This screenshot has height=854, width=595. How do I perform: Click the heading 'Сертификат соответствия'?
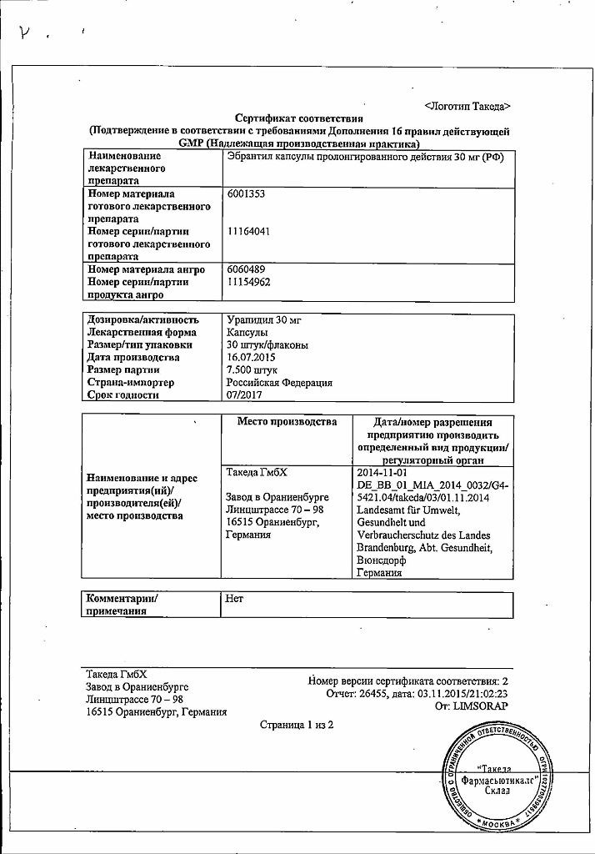(x=298, y=119)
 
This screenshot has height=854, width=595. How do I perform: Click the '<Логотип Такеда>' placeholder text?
(x=467, y=107)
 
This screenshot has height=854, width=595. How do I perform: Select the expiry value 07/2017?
(x=244, y=394)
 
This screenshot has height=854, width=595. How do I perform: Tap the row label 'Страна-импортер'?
(x=131, y=382)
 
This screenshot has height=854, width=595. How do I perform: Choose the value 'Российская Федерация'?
(x=280, y=382)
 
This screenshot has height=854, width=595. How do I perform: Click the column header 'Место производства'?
(x=287, y=422)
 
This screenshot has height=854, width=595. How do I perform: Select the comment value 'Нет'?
(x=235, y=598)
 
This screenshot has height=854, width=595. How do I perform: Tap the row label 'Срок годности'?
(x=123, y=394)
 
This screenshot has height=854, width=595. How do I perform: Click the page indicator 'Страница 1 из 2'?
(x=297, y=725)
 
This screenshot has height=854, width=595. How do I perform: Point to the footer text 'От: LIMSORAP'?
(x=472, y=706)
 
